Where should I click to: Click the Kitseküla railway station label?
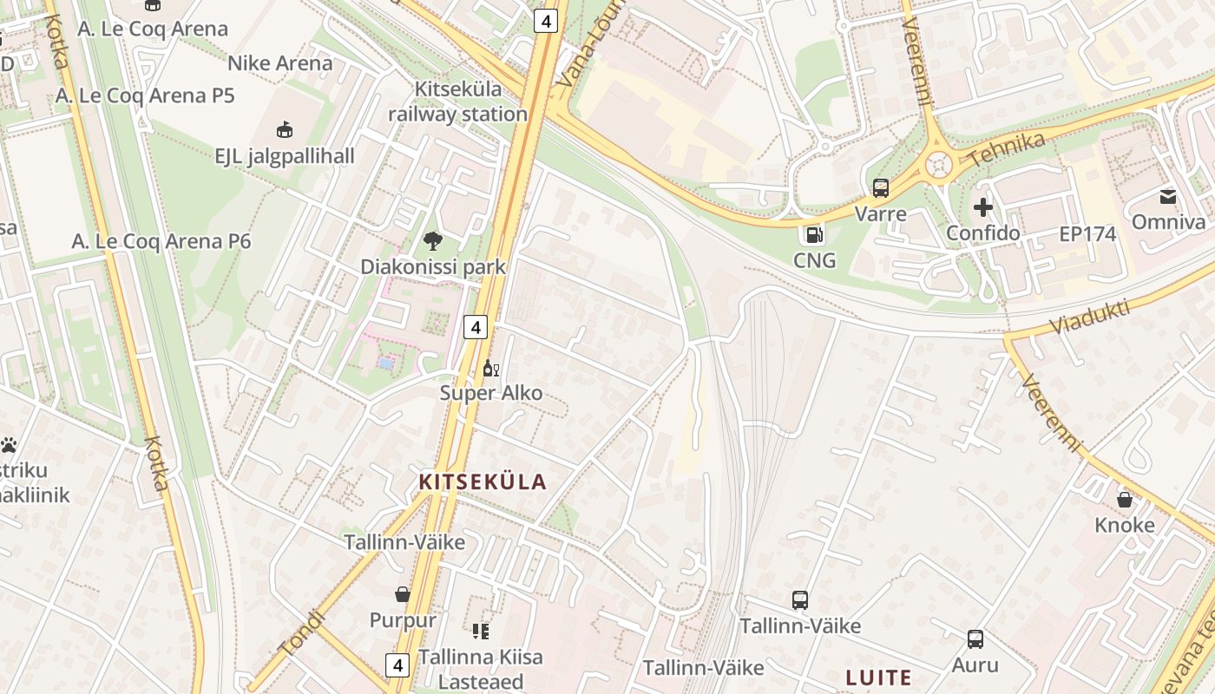(x=457, y=101)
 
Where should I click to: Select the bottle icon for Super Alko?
(x=490, y=369)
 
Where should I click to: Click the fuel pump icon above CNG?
(x=814, y=234)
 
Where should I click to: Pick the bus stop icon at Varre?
(x=881, y=188)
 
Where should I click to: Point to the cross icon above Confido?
(x=983, y=207)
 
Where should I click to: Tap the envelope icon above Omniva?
(x=1168, y=197)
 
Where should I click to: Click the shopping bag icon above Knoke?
(x=1125, y=500)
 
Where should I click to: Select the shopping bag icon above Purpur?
(x=403, y=594)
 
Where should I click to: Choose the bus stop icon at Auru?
(x=975, y=639)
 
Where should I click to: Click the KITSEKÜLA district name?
(x=483, y=482)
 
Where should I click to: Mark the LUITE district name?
(x=879, y=678)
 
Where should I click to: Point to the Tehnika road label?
(x=1006, y=148)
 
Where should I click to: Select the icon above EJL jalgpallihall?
(x=284, y=130)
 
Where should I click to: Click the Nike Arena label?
(x=279, y=63)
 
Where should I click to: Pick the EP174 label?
(x=1087, y=234)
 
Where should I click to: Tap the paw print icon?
(x=10, y=445)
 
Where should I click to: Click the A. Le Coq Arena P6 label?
(x=161, y=241)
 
